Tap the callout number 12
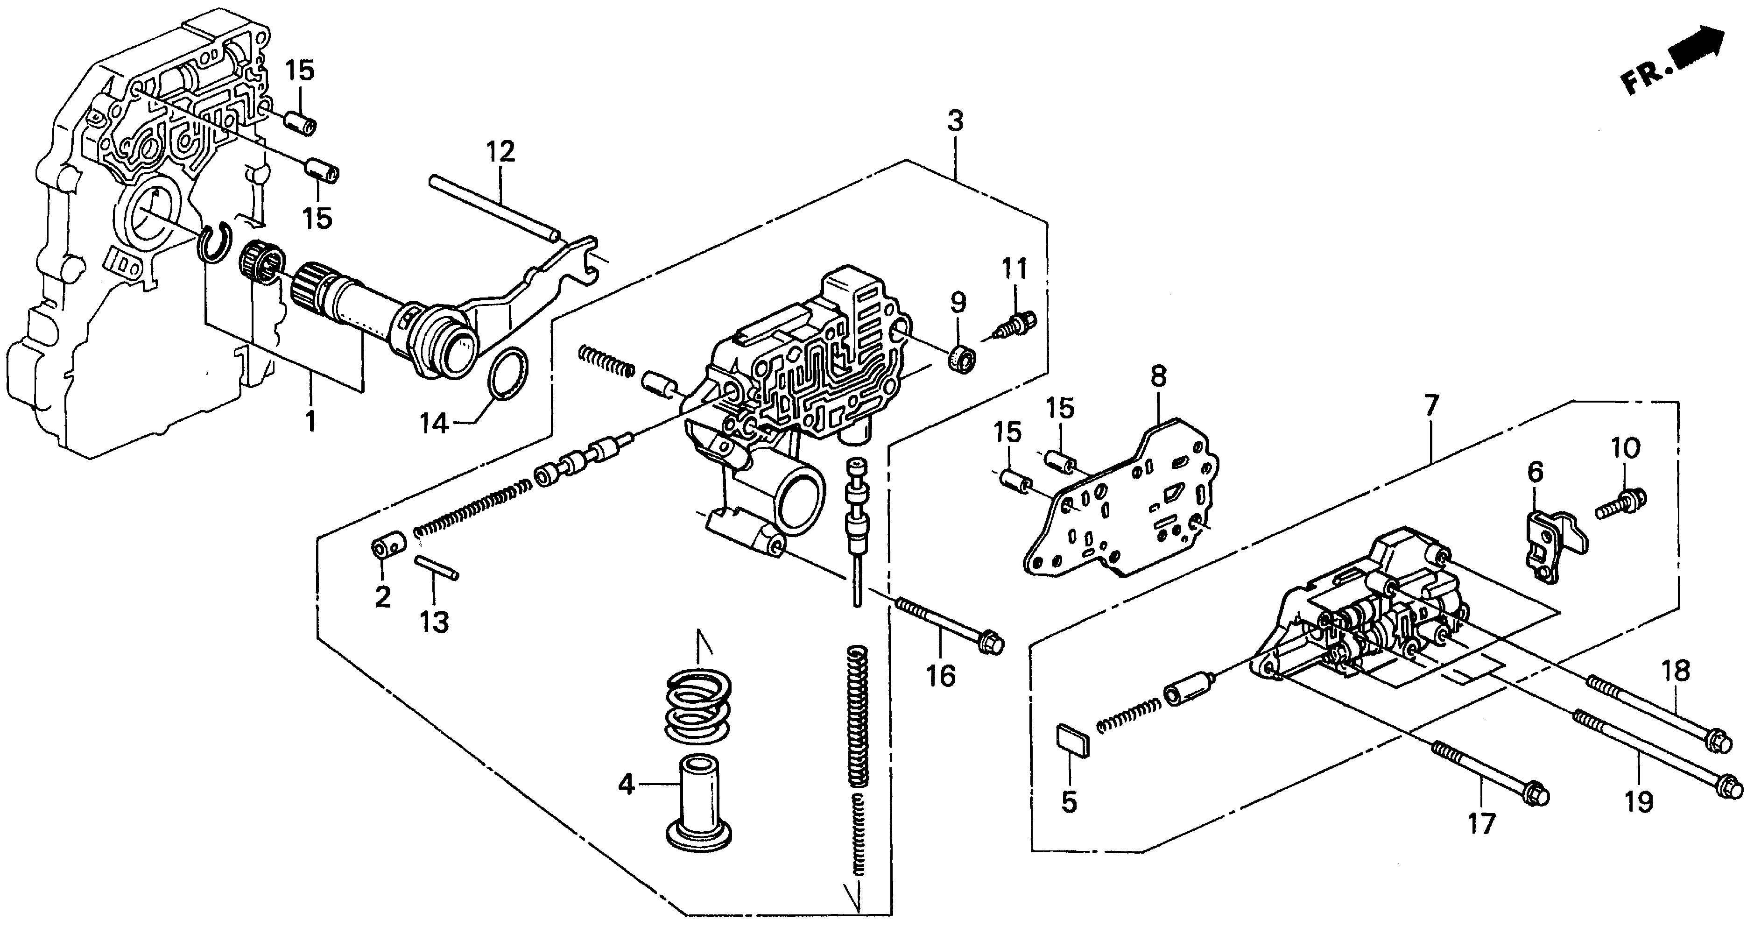500,152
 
